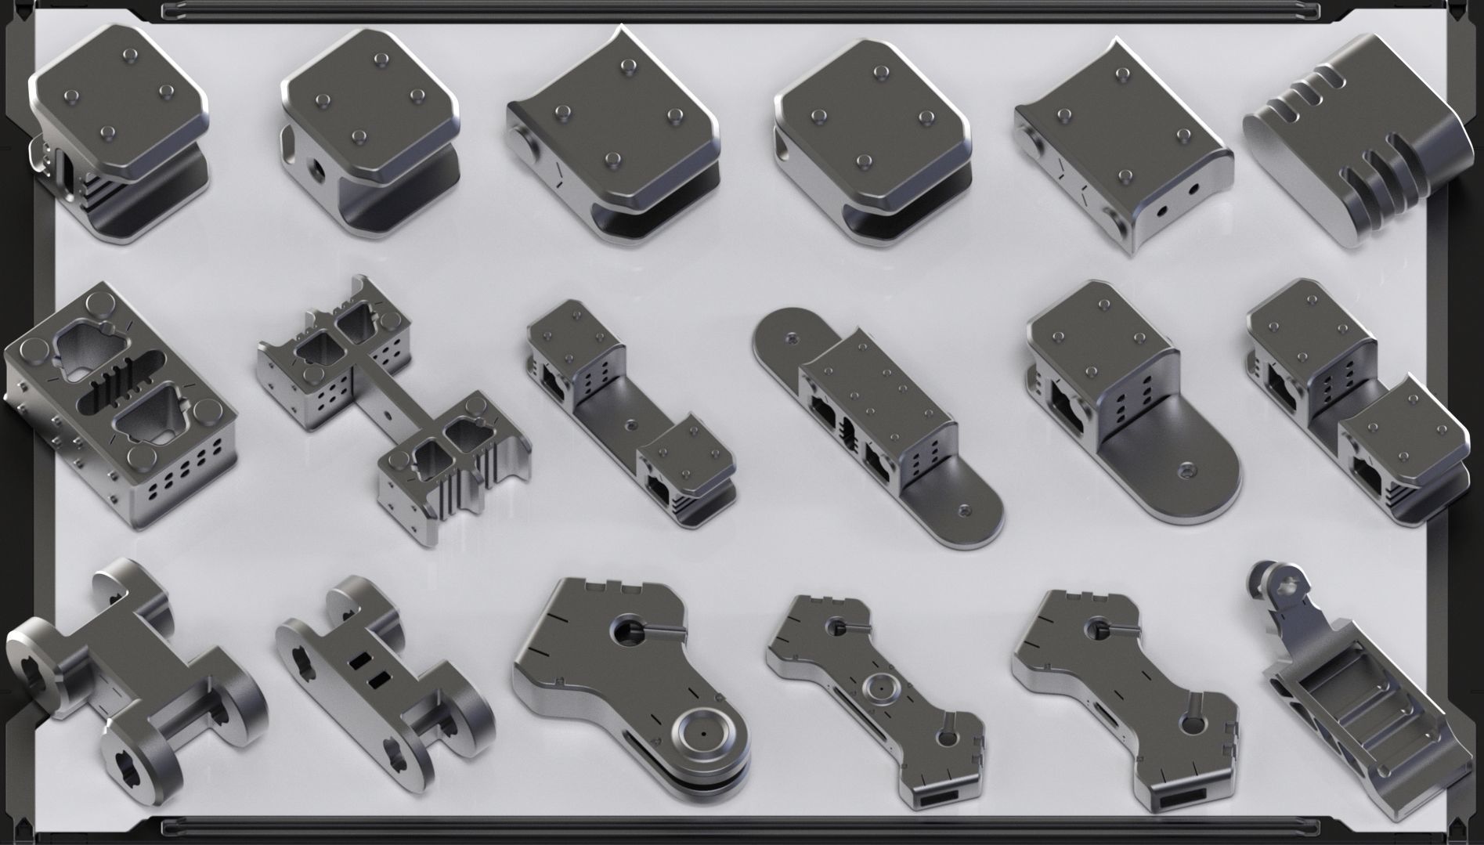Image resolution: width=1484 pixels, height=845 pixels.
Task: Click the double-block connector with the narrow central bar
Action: pos(392,407)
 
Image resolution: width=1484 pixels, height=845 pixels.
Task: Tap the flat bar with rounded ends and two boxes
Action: pos(877,423)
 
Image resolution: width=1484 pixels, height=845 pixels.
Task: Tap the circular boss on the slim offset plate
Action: pos(881,688)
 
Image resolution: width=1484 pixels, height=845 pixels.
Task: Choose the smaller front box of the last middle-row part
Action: pos(1402,454)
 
